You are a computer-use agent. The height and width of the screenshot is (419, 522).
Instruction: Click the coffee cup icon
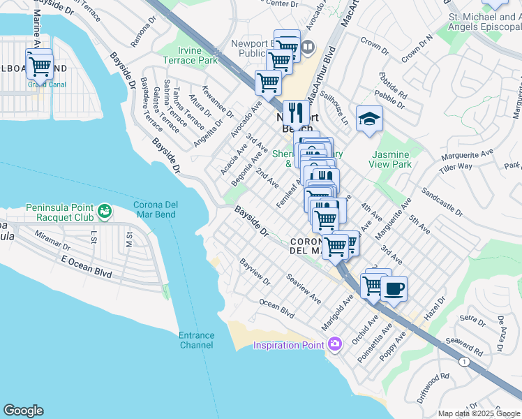pyautogui.click(x=394, y=288)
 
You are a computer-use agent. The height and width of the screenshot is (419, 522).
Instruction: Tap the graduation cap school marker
pyautogui.click(x=369, y=119)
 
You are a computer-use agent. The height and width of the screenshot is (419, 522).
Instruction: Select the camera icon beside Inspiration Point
pyautogui.click(x=335, y=344)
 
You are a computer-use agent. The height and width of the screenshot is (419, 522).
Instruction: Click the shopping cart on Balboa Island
pyautogui.click(x=40, y=66)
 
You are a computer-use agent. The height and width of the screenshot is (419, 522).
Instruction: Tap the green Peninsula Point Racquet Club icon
pyautogui.click(x=105, y=210)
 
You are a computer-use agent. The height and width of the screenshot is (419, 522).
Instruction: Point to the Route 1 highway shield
pyautogui.click(x=464, y=361)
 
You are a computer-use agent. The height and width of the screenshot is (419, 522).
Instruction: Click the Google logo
pyautogui.click(x=24, y=410)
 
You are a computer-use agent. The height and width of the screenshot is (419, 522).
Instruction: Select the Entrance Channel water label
pyautogui.click(x=196, y=340)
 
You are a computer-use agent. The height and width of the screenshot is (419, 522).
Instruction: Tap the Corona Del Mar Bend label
pyautogui.click(x=160, y=210)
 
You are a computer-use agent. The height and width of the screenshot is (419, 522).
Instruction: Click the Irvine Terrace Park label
pyautogui.click(x=189, y=56)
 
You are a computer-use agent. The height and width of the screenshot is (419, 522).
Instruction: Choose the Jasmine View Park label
pyautogui.click(x=391, y=159)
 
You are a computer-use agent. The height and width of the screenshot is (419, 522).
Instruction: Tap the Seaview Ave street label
pyautogui.click(x=303, y=288)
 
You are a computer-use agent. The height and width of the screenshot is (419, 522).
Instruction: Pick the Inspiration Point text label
pyautogui.click(x=288, y=345)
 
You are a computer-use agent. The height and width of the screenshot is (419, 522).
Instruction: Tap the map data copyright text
pyautogui.click(x=479, y=413)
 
